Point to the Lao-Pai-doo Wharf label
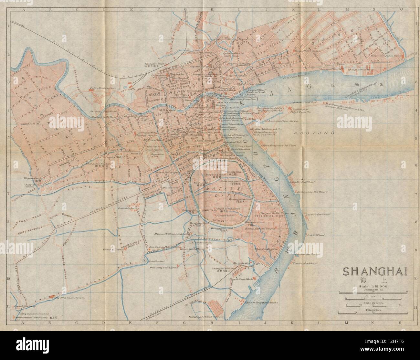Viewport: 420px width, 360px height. (x=315, y=214)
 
